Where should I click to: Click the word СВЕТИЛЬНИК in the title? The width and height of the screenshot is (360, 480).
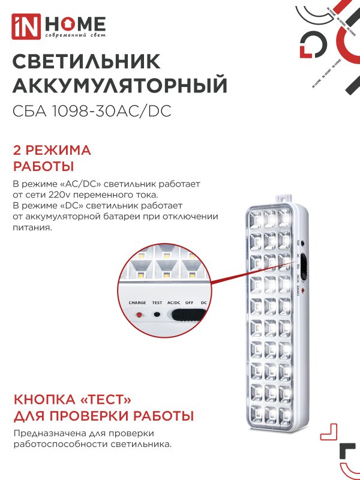coord(86,62)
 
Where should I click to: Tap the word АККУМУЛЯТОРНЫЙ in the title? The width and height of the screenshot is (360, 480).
coord(120,86)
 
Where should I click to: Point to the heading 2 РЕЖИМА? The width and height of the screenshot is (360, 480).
coord(52,149)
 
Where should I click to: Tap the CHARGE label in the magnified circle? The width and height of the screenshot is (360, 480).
coord(137,303)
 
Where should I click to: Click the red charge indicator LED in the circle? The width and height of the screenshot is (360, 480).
coord(139,314)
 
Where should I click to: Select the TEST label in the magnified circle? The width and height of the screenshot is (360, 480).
coord(157,303)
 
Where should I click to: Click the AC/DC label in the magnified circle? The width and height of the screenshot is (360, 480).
coord(175,303)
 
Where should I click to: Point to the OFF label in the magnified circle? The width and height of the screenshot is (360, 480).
coord(189,303)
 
